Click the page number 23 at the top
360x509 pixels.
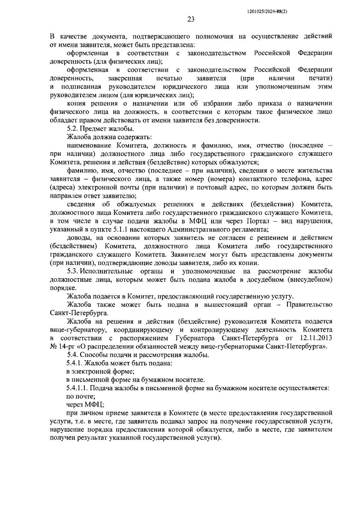tap(191, 20)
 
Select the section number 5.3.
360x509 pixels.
tap(73, 271)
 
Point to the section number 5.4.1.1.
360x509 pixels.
tap(77, 388)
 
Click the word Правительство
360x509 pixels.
tap(309, 305)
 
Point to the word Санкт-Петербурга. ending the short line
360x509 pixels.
tap(79, 313)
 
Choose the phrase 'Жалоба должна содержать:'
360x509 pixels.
tap(109, 137)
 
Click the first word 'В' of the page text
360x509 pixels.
tap(52, 37)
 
